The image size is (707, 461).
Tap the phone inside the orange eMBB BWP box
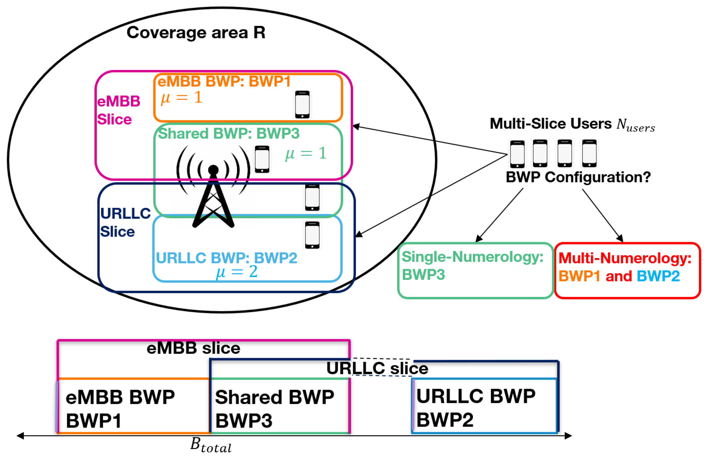pyautogui.click(x=302, y=105)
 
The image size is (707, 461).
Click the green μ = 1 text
pyautogui.click(x=306, y=154)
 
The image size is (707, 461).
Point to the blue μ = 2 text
pyautogui.click(x=236, y=271)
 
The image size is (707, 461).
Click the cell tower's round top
pyautogui.click(x=213, y=170)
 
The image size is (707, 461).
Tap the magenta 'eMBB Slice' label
pyautogui.click(x=118, y=110)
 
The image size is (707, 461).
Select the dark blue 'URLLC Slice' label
pyautogui.click(x=125, y=222)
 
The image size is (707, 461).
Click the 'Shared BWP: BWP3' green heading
pyautogui.click(x=229, y=133)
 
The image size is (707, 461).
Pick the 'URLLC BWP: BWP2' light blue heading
pyautogui.click(x=226, y=257)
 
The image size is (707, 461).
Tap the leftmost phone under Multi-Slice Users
pyautogui.click(x=517, y=154)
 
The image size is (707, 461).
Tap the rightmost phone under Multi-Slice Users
pyautogui.click(x=589, y=153)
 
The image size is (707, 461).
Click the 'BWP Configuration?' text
pyautogui.click(x=578, y=177)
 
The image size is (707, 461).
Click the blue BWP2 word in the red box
pyautogui.click(x=658, y=276)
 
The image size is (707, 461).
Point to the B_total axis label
pyautogui.click(x=210, y=445)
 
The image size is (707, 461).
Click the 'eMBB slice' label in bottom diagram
pyautogui.click(x=193, y=348)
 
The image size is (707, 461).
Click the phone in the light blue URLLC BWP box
pyautogui.click(x=312, y=235)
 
